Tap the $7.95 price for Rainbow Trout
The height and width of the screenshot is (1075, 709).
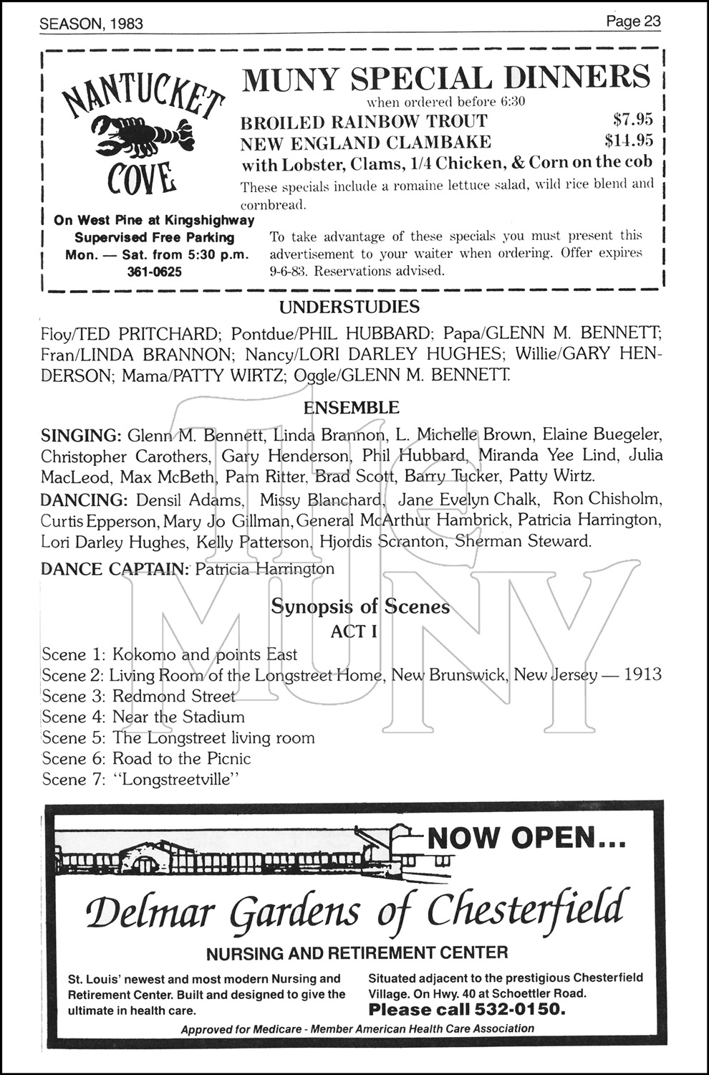coord(633,120)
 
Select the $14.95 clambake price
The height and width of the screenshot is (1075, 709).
coord(629,140)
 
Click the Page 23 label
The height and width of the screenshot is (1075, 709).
coord(633,21)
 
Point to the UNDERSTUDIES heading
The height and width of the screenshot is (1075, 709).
coord(349,307)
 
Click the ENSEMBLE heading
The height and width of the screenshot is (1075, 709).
coord(351,408)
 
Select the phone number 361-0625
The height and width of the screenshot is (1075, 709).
coord(154,272)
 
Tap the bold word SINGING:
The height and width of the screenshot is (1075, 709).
coord(81,436)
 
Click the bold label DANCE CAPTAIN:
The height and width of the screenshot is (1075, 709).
coord(115,569)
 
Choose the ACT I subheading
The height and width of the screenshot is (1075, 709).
coord(354,632)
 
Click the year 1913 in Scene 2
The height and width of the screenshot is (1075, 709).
coord(642,675)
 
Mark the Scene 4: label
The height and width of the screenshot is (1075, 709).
coord(74,717)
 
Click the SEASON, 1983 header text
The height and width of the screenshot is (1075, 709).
coord(92,24)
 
